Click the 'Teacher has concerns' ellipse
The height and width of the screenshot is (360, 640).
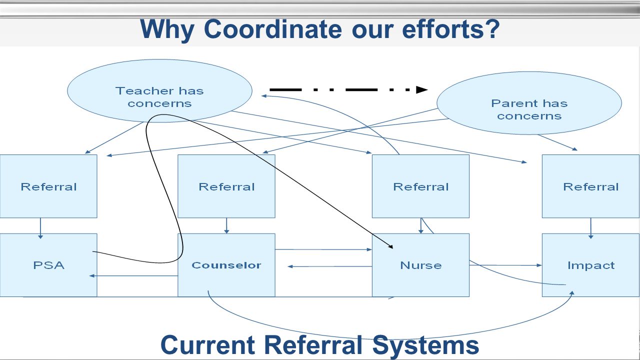[159, 91]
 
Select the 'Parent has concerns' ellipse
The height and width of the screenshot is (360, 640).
[529, 103]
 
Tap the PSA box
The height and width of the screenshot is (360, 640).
[48, 265]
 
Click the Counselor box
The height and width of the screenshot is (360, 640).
[226, 265]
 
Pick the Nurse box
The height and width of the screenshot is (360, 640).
[420, 265]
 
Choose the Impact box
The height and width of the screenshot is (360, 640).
[591, 265]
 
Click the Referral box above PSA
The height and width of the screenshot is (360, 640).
[48, 186]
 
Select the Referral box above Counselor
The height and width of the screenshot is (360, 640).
[226, 186]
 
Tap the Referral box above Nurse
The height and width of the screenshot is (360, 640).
[420, 186]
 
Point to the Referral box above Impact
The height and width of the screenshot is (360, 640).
[591, 186]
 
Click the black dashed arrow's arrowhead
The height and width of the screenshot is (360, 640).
[422, 89]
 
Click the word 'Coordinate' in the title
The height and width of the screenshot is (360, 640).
[273, 29]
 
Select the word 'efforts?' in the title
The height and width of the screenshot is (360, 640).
[451, 29]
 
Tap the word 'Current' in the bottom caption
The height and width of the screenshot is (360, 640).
[207, 345]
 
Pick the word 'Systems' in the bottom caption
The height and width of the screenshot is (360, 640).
[425, 345]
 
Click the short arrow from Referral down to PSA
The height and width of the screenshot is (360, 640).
[40, 228]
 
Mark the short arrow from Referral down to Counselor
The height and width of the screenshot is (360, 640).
[226, 225]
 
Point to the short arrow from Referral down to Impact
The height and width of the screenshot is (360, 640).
[591, 228]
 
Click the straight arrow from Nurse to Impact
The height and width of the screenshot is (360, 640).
[505, 265]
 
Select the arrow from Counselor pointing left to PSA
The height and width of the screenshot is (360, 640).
[133, 275]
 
